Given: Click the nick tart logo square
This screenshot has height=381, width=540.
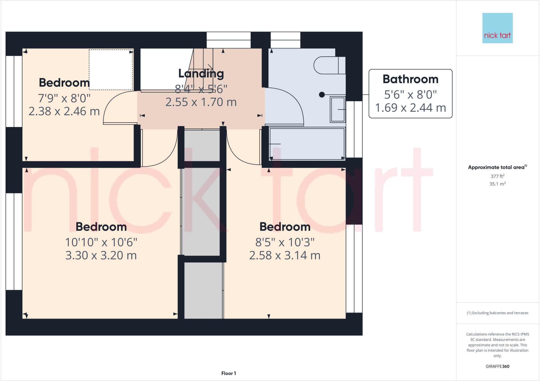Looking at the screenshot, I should click(497, 28).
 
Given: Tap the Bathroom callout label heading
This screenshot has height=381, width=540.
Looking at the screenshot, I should click(410, 79).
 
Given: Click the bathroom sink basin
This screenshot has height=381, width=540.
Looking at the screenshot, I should click(338, 109).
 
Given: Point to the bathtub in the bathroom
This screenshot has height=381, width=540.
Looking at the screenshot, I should click(307, 144).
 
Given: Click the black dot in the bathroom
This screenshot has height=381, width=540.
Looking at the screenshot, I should click(322, 95).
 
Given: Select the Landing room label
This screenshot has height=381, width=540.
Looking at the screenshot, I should click(201, 74).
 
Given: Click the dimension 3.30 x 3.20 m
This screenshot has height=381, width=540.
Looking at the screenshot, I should click(101, 255).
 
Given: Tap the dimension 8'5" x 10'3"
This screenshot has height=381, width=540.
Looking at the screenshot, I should click(285, 242).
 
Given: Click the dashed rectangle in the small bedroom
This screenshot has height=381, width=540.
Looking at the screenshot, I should click(111, 70).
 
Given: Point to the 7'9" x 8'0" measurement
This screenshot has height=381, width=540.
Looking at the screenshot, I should click(64, 98).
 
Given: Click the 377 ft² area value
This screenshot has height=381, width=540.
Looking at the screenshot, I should click(497, 176).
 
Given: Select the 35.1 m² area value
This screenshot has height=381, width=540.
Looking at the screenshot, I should click(497, 184).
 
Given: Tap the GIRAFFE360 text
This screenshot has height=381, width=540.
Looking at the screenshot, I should click(497, 366).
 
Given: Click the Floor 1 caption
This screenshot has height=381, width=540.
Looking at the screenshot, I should click(229, 373).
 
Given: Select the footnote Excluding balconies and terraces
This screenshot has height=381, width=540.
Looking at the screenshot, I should click(497, 313).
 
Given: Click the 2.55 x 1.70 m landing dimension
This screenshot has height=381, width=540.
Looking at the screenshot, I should click(201, 102).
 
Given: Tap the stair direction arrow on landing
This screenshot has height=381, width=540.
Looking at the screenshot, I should click(210, 67).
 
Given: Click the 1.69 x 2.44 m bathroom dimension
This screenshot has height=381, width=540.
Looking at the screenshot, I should click(410, 108).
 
